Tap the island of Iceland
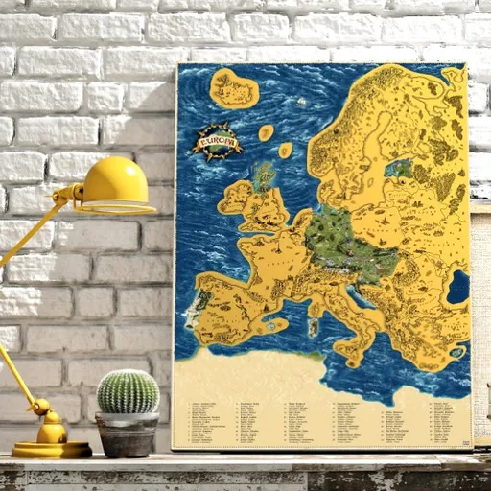[x=234, y=89]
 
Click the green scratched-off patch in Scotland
[x=264, y=175]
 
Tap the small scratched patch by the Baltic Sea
[x=400, y=171]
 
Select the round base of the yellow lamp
[x=51, y=448]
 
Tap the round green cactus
[x=128, y=391]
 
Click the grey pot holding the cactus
[x=128, y=433]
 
